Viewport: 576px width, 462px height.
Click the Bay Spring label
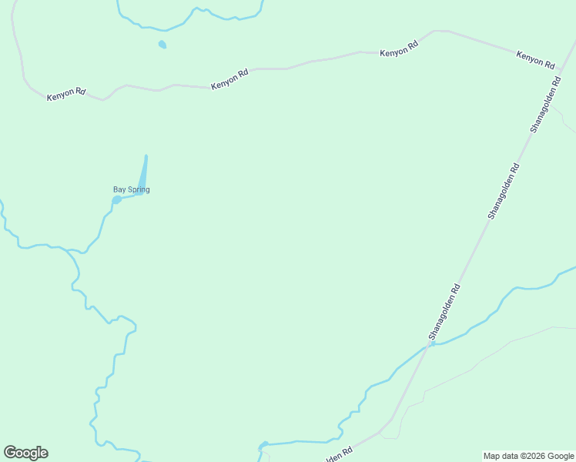pos(131,189)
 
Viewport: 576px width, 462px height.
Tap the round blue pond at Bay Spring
pos(116,200)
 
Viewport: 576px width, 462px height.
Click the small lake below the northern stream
pos(162,45)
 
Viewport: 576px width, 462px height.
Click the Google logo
pos(25,453)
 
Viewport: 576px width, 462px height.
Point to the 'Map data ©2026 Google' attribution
pos(528,456)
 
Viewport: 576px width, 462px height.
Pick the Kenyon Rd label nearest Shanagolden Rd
pos(535,59)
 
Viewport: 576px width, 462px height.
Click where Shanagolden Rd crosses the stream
pos(431,344)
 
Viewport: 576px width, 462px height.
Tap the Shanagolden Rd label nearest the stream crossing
pos(444,312)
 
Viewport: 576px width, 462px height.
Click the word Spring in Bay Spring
pos(139,189)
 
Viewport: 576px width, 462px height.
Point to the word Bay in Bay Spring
pos(119,189)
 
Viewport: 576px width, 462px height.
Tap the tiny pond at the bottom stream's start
pos(264,444)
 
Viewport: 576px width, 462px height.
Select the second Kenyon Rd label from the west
pos(229,79)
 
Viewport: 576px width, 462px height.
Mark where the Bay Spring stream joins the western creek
pos(72,251)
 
